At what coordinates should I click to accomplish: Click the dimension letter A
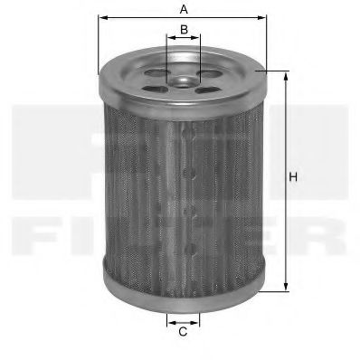pyautogui.click(x=183, y=9)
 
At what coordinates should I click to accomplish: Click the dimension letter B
pyautogui.click(x=184, y=30)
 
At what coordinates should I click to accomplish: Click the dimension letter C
pyautogui.click(x=183, y=333)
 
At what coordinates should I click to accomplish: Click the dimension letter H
pyautogui.click(x=293, y=177)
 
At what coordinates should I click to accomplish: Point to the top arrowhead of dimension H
pyautogui.click(x=287, y=74)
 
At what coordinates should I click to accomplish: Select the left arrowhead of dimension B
pyautogui.click(x=168, y=40)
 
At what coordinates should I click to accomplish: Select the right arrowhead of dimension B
pyautogui.click(x=197, y=40)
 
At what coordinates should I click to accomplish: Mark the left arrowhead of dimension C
pyautogui.click(x=169, y=319)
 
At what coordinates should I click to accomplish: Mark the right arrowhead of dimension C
pyautogui.click(x=197, y=319)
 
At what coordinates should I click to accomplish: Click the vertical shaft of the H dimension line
pyautogui.click(x=287, y=226)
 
